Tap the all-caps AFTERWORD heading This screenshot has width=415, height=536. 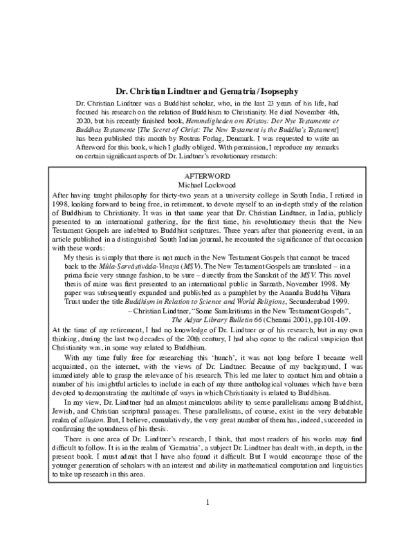pyautogui.click(x=207, y=176)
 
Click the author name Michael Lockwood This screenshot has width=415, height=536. pyautogui.click(x=207, y=185)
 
